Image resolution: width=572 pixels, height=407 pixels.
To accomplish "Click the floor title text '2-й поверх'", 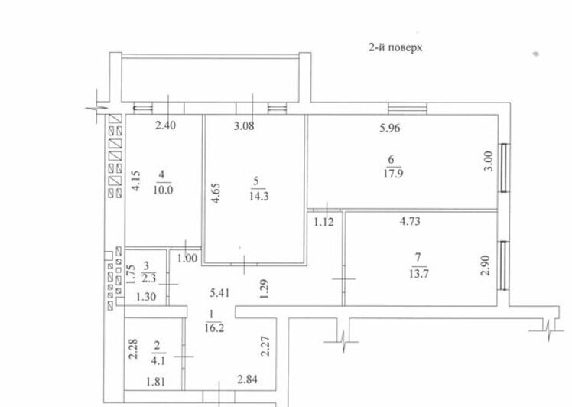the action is tap(395, 47).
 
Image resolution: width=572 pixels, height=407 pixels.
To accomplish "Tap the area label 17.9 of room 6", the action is tap(393, 173).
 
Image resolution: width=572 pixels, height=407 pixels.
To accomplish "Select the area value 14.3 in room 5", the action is tap(259, 196).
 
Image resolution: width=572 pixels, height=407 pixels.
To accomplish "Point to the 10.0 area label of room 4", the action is tap(163, 190).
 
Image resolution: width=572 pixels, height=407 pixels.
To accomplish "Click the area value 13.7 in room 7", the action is tap(418, 273).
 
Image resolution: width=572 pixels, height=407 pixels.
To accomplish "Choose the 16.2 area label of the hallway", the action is tap(214, 327).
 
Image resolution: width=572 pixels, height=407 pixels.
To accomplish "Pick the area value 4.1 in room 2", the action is tap(158, 360).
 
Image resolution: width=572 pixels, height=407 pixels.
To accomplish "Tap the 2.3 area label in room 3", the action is tap(148, 278).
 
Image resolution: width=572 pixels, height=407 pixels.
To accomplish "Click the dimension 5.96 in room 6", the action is tap(389, 128).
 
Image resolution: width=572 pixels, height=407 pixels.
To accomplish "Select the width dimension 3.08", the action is tap(244, 126).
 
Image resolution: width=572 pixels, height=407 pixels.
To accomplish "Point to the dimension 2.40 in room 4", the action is tap(165, 125).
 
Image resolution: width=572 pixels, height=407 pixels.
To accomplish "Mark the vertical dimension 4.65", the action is tap(216, 193).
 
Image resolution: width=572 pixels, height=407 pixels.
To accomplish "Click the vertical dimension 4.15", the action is tap(135, 181).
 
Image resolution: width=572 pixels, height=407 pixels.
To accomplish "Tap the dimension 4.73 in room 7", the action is tap(410, 221).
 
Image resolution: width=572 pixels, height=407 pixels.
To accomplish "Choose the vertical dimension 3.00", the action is tap(489, 161).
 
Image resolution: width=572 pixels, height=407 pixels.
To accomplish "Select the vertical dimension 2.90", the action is tap(486, 265).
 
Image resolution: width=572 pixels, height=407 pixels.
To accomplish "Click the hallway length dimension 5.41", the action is tap(219, 293).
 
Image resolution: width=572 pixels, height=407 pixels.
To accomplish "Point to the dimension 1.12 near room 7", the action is tap(323, 222).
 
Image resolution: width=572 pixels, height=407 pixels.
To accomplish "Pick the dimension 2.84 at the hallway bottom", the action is tap(247, 379).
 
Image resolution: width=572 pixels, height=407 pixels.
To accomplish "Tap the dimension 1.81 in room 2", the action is tap(156, 382).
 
